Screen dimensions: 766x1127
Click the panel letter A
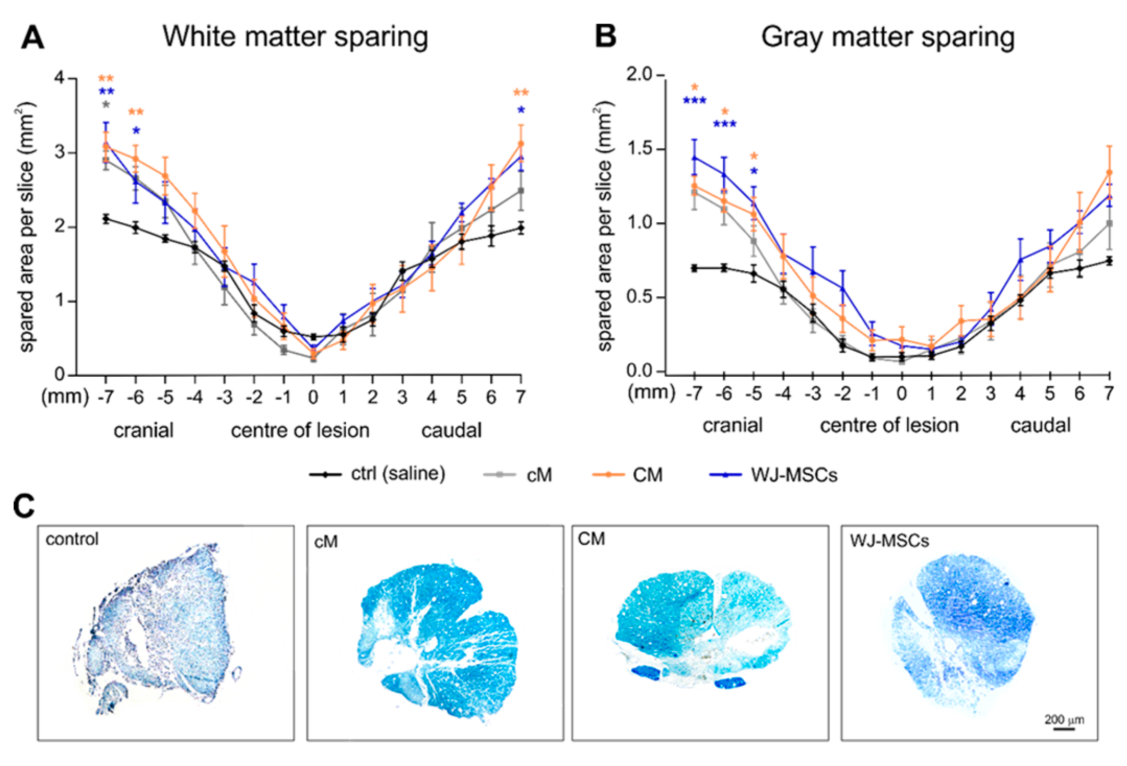tap(32, 38)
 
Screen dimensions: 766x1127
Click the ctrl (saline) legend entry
tap(377, 474)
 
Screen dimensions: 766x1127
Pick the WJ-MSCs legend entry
tap(773, 475)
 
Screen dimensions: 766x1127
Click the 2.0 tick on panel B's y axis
tap(639, 75)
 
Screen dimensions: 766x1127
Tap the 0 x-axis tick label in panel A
tap(313, 398)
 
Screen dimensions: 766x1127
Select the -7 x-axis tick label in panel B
tap(694, 393)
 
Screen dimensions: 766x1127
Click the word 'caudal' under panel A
tap(451, 431)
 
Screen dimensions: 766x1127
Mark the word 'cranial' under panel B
tap(732, 426)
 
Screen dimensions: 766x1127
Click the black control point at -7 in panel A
tap(106, 219)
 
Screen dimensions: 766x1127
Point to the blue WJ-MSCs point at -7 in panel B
tap(695, 158)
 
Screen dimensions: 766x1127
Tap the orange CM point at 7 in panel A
tap(521, 143)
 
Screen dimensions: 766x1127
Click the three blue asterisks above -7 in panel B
tap(695, 101)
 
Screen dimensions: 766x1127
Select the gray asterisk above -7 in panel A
tap(106, 105)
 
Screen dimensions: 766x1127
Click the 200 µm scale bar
tap(1063, 728)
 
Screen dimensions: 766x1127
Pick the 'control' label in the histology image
tap(72, 539)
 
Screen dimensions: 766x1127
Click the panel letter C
tap(24, 507)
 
